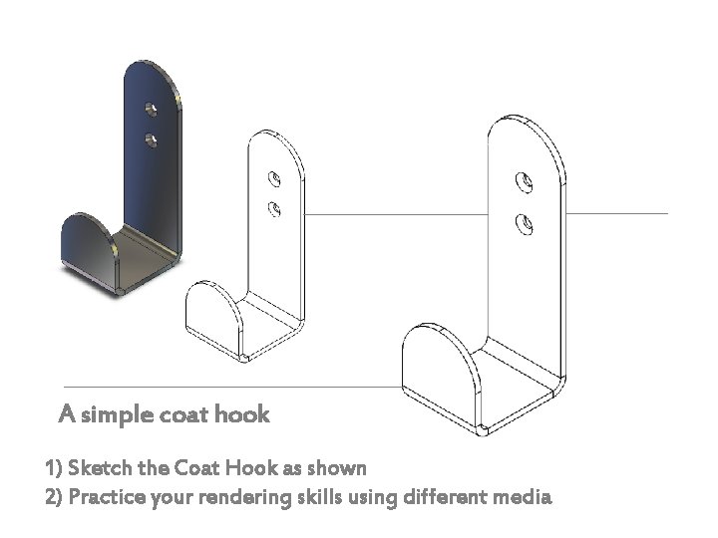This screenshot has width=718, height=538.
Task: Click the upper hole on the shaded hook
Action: [x=152, y=106]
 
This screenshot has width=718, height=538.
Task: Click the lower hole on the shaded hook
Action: [x=152, y=137]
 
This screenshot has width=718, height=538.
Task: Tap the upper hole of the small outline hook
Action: [x=274, y=180]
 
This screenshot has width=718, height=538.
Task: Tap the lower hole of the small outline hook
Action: [x=274, y=208]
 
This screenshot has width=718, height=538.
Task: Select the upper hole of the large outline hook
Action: [x=523, y=183]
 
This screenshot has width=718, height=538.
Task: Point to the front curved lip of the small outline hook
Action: [x=212, y=318]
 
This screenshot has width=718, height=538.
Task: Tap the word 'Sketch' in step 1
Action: [x=97, y=467]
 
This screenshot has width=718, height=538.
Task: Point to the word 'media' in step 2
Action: [x=521, y=496]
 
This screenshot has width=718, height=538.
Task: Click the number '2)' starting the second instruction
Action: [x=54, y=496]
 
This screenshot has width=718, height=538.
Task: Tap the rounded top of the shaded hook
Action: [x=154, y=74]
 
